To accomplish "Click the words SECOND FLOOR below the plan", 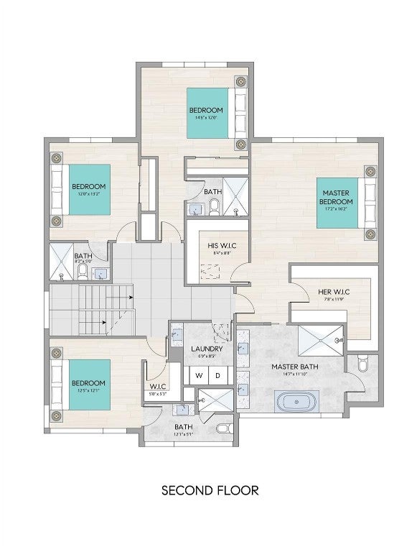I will coord(209,491).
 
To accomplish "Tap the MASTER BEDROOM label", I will coord(336,197).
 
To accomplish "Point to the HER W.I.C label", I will coord(333,292).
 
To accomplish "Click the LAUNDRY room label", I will coord(207,349).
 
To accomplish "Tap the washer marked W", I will coord(200,375).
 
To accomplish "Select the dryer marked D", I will coord(217,375).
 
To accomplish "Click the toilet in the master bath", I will coord(362,366).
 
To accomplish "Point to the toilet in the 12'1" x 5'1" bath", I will coord(223,428).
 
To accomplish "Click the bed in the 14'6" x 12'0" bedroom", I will coord(215,112).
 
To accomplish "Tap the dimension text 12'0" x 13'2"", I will coord(88,193).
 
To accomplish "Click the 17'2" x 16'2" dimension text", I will coord(336,209).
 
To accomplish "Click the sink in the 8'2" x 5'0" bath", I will coord(101,273).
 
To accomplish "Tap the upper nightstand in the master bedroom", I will coord(370,172).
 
